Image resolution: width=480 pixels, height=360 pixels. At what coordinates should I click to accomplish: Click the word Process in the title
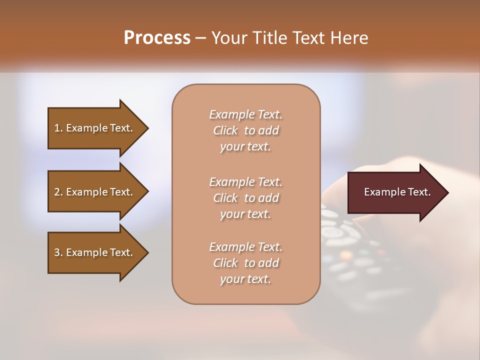(x=157, y=38)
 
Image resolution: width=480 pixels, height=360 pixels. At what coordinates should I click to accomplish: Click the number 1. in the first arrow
(x=58, y=128)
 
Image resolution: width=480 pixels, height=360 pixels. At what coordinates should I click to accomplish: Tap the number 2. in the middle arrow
(x=58, y=192)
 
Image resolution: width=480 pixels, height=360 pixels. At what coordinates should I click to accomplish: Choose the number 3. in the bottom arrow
(x=58, y=252)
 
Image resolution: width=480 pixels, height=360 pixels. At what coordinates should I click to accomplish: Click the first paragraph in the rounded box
(x=245, y=130)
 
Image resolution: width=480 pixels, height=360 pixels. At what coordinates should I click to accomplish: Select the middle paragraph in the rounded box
(x=245, y=198)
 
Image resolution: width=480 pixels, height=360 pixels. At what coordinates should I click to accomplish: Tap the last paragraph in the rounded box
(x=245, y=263)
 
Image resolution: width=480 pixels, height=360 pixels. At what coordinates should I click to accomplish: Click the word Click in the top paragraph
(x=225, y=130)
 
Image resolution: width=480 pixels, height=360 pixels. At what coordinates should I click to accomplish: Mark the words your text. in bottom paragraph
(x=245, y=279)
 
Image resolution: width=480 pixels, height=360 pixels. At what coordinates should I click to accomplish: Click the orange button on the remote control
(x=345, y=255)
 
